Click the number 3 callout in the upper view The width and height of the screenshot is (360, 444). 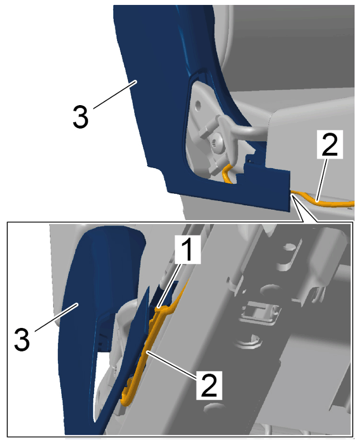click(80, 117)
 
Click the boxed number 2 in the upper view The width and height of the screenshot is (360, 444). click(330, 144)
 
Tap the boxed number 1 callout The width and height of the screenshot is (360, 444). click(187, 249)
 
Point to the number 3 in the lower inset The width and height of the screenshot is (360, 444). click(22, 339)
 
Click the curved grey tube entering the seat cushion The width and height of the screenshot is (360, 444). click(248, 132)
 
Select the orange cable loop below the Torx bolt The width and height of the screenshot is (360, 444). click(227, 175)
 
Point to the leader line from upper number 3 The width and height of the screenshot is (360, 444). click(115, 94)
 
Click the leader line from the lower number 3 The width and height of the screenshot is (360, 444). click(56, 317)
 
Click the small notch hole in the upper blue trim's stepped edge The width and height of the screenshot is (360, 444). click(249, 160)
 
